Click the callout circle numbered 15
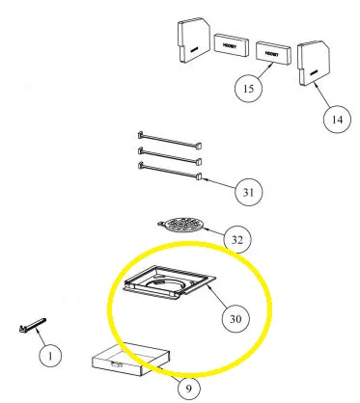(247, 89)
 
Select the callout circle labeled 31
(248, 192)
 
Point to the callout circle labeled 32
(236, 238)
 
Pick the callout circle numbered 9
(189, 388)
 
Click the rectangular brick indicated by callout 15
(274, 53)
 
